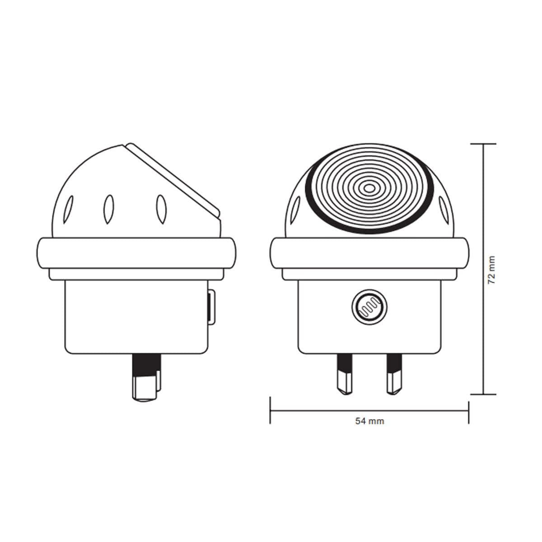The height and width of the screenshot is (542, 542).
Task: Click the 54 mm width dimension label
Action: click(369, 421)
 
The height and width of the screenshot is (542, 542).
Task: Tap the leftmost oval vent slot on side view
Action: click(69, 209)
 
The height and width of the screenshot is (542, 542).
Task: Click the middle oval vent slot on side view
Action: click(108, 209)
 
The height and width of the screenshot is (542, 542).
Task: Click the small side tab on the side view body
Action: click(212, 308)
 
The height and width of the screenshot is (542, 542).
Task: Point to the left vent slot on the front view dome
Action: click(296, 210)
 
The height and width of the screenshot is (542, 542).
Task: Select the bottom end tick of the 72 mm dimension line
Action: click(483, 394)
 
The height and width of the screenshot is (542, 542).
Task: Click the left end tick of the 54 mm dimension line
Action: click(270, 410)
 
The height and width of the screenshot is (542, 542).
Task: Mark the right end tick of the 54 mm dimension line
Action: click(469, 410)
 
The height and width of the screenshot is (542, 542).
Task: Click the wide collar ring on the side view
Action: click(135, 254)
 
